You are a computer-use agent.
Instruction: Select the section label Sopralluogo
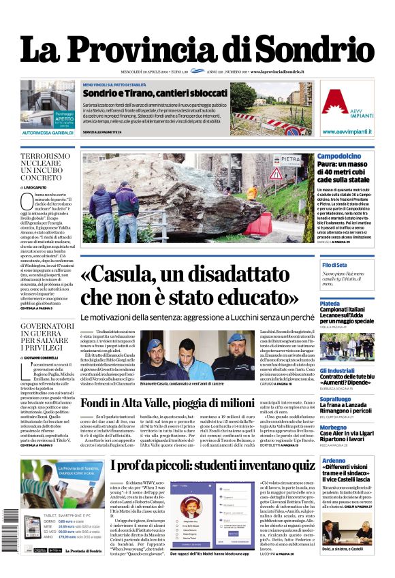pyautogui.click(x=335, y=398)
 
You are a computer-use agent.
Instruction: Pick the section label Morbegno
pyautogui.click(x=333, y=427)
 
